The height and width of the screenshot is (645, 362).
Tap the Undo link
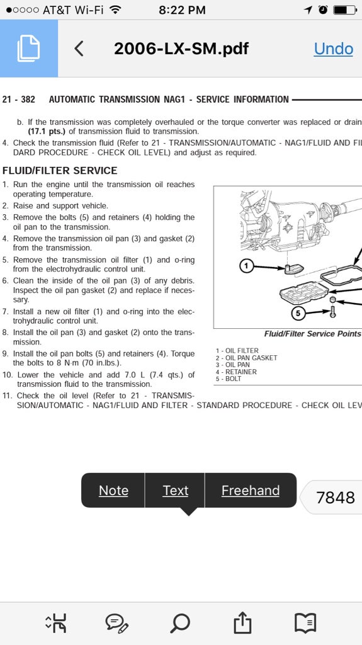pyautogui.click(x=333, y=49)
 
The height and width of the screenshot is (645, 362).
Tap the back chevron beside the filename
pyautogui.click(x=79, y=49)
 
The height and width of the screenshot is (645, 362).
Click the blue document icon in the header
pyautogui.click(x=29, y=49)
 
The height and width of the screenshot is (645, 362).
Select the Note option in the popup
pyautogui.click(x=113, y=491)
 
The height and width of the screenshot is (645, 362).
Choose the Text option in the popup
pyautogui.click(x=175, y=491)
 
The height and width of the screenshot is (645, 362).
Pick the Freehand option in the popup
pyautogui.click(x=250, y=491)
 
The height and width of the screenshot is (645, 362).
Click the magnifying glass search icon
pyautogui.click(x=180, y=623)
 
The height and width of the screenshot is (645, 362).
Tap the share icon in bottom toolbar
pyautogui.click(x=242, y=623)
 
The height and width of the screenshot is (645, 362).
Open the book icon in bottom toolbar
pyautogui.click(x=305, y=623)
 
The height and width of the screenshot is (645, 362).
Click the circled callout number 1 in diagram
pyautogui.click(x=247, y=266)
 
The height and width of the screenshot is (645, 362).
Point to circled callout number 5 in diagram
pyautogui.click(x=298, y=312)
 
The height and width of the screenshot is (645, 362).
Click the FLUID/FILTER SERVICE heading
pyautogui.click(x=60, y=171)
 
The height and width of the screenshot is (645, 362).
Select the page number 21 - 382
pyautogui.click(x=19, y=100)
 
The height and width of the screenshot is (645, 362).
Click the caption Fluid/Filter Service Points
pyautogui.click(x=312, y=334)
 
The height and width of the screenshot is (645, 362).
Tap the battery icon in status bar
pyautogui.click(x=344, y=9)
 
